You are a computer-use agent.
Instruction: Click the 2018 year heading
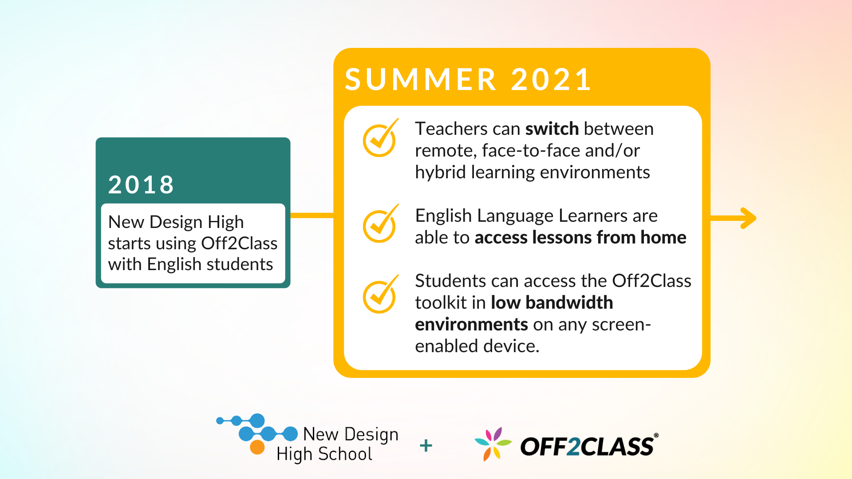pos(141,185)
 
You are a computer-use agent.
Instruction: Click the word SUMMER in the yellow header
pos(421,79)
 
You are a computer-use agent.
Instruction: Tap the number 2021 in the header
pos(551,79)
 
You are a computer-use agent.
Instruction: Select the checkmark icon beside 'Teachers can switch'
pos(381,137)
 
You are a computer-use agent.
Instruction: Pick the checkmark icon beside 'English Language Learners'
pos(381,224)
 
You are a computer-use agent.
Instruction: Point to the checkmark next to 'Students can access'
pos(381,294)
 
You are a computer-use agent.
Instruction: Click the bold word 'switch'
pos(552,129)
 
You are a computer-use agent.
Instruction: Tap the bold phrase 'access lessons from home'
pos(580,237)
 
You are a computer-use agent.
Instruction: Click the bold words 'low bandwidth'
pos(552,302)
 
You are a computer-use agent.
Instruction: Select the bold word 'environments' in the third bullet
pos(471,324)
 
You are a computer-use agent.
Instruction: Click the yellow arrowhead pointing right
pos(748,218)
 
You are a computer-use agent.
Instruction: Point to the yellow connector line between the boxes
pos(312,216)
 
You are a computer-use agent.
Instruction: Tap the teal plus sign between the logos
pos(426,445)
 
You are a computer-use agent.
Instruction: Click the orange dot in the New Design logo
pos(257,447)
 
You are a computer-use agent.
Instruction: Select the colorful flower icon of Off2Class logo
pos(493,444)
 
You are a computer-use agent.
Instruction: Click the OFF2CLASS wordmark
pos(589,446)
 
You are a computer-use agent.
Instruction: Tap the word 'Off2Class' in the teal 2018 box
pos(239,243)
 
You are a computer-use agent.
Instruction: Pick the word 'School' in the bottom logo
pos(345,454)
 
